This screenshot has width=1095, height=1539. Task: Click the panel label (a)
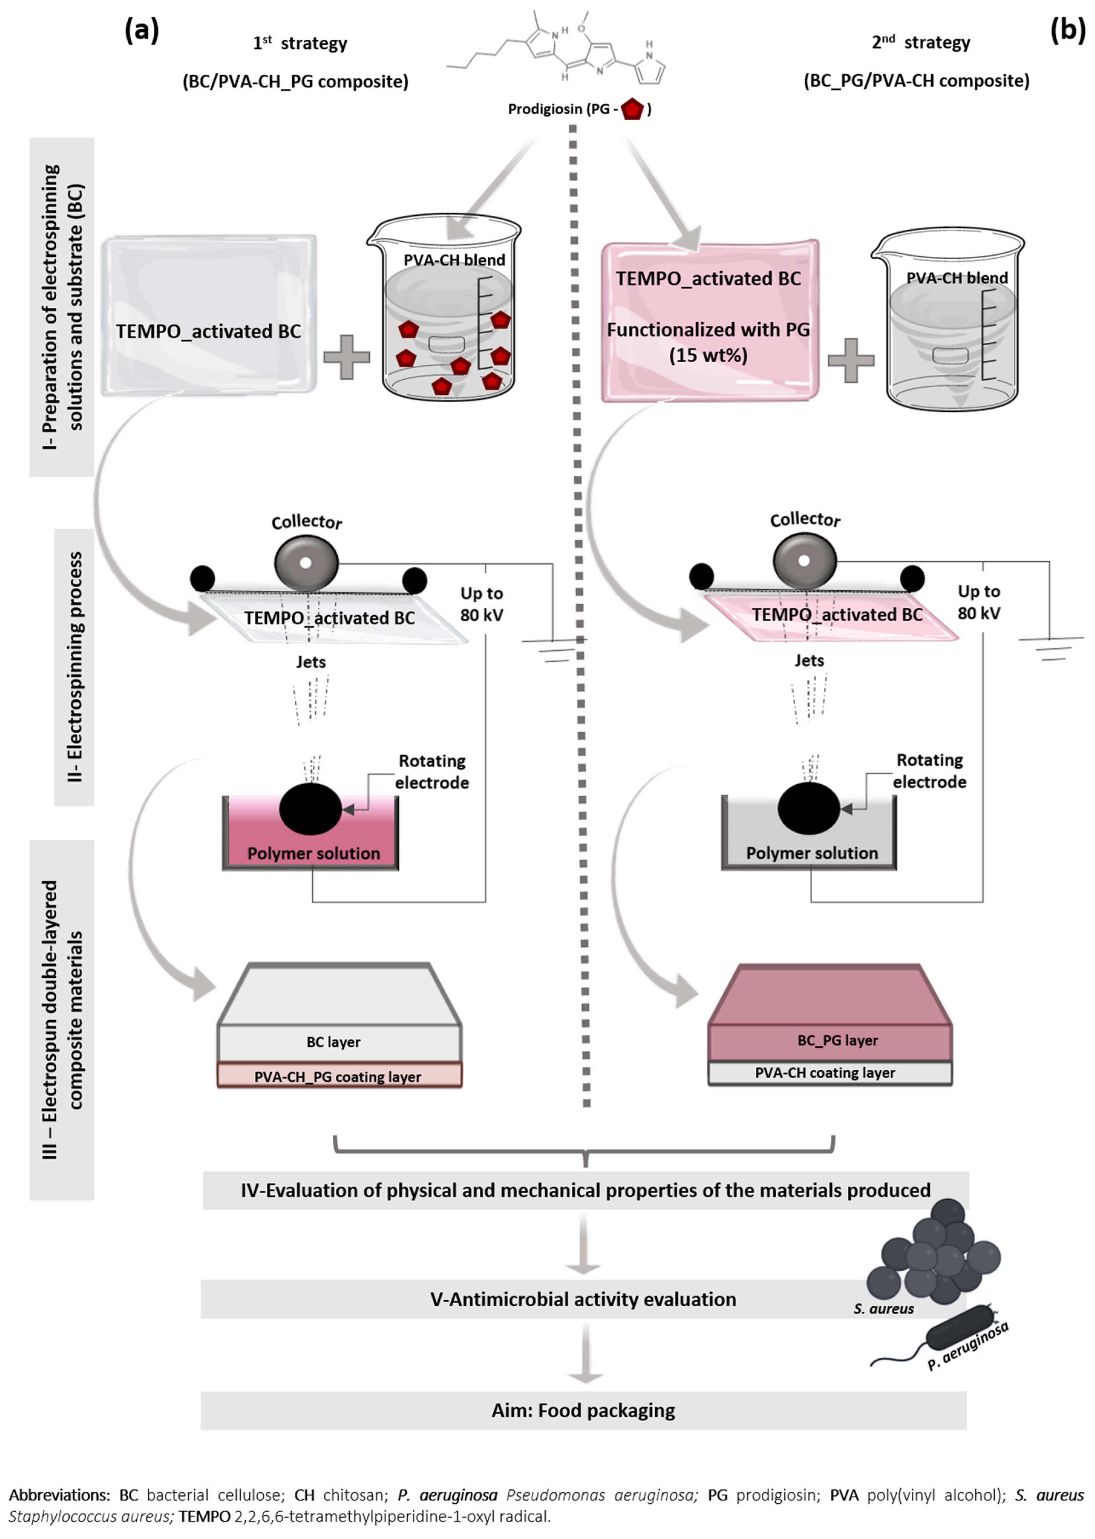(x=142, y=31)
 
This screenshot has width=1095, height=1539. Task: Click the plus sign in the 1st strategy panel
(x=347, y=356)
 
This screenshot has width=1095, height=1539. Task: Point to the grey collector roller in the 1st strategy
(x=306, y=561)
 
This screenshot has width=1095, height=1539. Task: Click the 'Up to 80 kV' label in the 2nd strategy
(x=979, y=602)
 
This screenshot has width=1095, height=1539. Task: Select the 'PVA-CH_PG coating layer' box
(x=338, y=1077)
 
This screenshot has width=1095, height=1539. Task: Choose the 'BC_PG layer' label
(x=837, y=1040)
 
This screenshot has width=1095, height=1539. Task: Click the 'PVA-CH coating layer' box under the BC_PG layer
(x=825, y=1073)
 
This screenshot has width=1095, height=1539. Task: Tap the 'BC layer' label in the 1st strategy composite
(x=334, y=1042)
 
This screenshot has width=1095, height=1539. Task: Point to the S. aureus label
(x=883, y=1309)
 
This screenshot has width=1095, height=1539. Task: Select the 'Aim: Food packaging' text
(x=583, y=1410)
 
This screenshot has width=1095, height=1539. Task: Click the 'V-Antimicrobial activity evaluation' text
(x=583, y=1299)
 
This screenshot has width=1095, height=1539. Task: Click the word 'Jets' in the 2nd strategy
(x=809, y=661)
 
